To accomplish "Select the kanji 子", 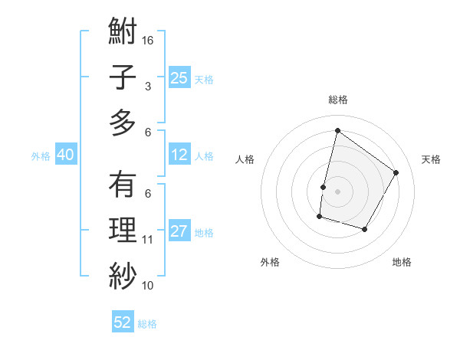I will pyautogui.click(x=123, y=78).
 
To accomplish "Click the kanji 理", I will pyautogui.click(x=123, y=231).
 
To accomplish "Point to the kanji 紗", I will pyautogui.click(x=123, y=273).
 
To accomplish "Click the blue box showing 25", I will pyautogui.click(x=179, y=77).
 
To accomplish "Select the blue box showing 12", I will pyautogui.click(x=179, y=155).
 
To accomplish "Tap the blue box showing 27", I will pyautogui.click(x=179, y=232).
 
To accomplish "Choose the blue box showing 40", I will pyautogui.click(x=65, y=155).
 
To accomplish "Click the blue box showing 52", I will pyautogui.click(x=123, y=322).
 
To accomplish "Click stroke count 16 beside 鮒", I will pyautogui.click(x=149, y=40).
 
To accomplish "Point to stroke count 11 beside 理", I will pyautogui.click(x=149, y=240).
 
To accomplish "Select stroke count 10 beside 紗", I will pyautogui.click(x=149, y=286).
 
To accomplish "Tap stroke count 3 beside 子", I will pyautogui.click(x=147, y=87).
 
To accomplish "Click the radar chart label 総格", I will pyautogui.click(x=337, y=100).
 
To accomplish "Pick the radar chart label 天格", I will pyautogui.click(x=431, y=159).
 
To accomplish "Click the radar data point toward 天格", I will pyautogui.click(x=396, y=172).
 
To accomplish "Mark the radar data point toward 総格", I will pyautogui.click(x=337, y=131).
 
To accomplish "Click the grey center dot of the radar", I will pyautogui.click(x=337, y=191).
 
